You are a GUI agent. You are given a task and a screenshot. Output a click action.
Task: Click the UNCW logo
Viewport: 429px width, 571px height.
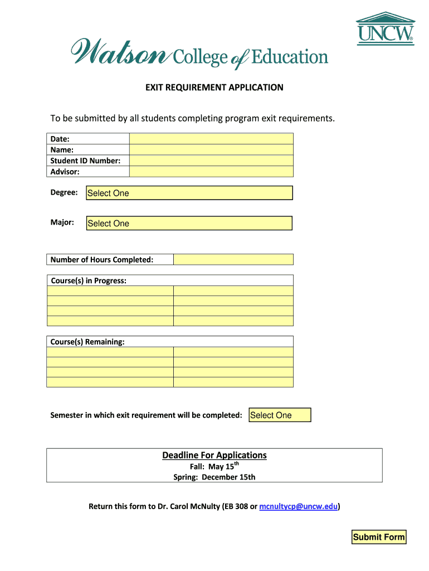click(x=386, y=28)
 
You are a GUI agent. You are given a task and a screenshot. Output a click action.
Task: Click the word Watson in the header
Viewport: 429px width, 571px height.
click(x=119, y=52)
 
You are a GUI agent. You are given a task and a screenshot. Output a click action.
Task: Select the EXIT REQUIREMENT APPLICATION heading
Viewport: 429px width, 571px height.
click(x=214, y=88)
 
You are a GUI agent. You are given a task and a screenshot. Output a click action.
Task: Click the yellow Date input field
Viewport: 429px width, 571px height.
click(x=211, y=139)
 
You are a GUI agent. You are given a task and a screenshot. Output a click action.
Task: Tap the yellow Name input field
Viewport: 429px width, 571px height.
click(x=211, y=149)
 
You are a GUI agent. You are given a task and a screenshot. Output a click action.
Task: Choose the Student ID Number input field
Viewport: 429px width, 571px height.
click(x=211, y=161)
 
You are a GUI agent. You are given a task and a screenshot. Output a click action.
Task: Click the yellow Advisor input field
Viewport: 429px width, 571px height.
click(x=211, y=172)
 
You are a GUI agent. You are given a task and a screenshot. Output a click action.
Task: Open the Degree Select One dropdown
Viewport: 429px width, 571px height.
click(x=189, y=193)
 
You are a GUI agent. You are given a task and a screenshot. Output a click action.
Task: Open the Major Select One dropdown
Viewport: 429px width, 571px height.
click(x=189, y=223)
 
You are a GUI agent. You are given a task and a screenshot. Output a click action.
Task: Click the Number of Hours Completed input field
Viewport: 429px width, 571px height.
click(x=233, y=259)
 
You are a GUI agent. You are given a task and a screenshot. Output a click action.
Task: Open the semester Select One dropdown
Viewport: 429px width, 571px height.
click(x=280, y=415)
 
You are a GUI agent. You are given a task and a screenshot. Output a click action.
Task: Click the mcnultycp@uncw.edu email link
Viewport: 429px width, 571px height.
click(x=299, y=506)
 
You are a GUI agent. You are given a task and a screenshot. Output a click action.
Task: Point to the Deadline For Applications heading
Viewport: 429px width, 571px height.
click(x=214, y=455)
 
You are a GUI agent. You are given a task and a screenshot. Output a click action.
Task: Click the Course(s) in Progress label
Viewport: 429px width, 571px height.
click(x=89, y=280)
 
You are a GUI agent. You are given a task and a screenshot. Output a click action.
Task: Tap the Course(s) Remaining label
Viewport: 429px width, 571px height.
click(x=87, y=341)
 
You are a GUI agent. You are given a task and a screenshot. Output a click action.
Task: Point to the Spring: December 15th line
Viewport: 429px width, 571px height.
click(x=214, y=477)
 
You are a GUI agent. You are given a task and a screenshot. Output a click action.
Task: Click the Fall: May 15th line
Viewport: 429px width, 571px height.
click(x=214, y=466)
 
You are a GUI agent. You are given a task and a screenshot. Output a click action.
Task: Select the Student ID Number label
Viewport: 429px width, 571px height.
click(x=85, y=161)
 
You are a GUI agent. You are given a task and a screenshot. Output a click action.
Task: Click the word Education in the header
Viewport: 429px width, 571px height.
click(x=290, y=57)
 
